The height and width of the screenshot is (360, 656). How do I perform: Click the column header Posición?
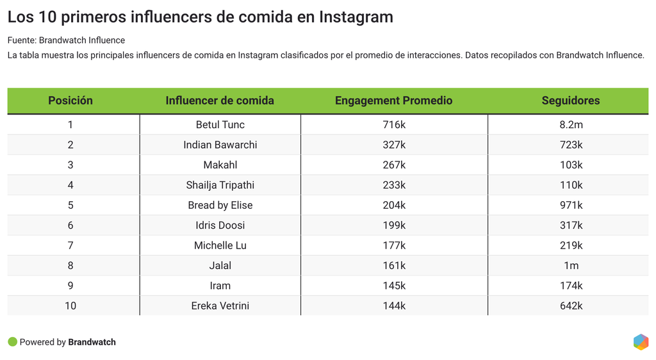70,101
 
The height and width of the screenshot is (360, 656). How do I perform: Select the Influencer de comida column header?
220,101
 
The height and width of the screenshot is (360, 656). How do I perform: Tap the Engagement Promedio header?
393,101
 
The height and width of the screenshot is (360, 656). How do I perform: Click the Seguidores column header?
571,101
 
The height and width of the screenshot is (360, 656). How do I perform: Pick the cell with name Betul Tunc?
220,125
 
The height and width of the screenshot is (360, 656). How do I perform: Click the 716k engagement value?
394,125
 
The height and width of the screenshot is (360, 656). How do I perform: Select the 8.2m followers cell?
571,125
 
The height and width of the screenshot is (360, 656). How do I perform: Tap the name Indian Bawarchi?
220,145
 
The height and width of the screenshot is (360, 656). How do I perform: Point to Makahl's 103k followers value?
571,165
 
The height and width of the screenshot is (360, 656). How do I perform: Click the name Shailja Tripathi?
220,185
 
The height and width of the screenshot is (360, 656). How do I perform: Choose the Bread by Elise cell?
220,205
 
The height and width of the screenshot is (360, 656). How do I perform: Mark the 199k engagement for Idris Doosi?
394,225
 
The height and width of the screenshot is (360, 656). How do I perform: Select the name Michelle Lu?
220,245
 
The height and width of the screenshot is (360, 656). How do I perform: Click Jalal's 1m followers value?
571,265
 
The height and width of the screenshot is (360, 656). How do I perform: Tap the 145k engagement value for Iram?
394,286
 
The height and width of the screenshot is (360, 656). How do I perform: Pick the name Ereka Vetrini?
220,306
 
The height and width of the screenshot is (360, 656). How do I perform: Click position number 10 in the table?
70,306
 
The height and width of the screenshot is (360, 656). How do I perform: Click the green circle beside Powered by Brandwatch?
12,342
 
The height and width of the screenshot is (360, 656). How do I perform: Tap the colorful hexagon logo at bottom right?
641,342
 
